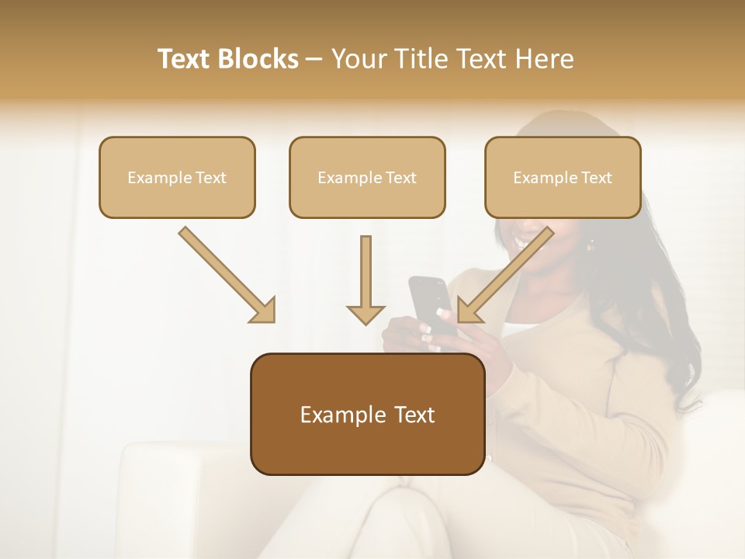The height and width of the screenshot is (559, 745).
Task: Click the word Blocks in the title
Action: (x=258, y=59)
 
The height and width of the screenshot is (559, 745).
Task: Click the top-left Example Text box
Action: (x=177, y=177)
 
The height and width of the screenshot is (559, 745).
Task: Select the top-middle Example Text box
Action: (x=367, y=177)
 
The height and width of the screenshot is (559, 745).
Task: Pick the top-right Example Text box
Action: (x=563, y=177)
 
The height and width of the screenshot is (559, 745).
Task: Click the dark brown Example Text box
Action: (x=367, y=414)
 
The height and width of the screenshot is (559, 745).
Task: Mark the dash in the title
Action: (x=314, y=60)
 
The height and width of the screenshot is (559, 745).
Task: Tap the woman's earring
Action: (x=590, y=245)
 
